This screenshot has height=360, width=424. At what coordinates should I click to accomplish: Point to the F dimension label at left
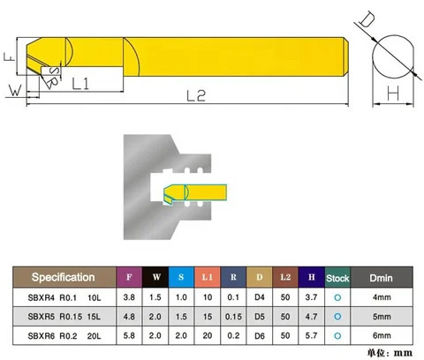click(8, 56)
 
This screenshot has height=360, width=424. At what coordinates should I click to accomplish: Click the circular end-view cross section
click(394, 59)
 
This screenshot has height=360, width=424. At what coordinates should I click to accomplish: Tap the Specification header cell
click(63, 276)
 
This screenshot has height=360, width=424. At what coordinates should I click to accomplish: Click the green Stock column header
click(337, 276)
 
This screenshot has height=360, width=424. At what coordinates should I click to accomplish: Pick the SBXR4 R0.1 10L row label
click(63, 297)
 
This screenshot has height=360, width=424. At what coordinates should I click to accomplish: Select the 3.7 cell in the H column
click(312, 297)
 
